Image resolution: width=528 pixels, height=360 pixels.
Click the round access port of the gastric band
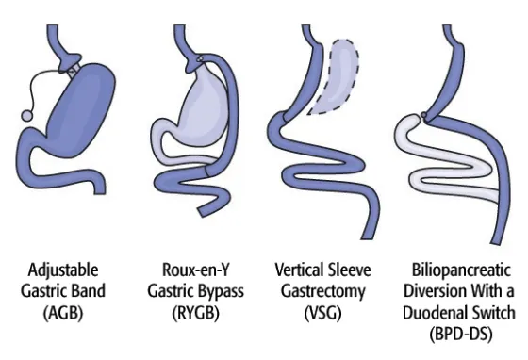[27, 116]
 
